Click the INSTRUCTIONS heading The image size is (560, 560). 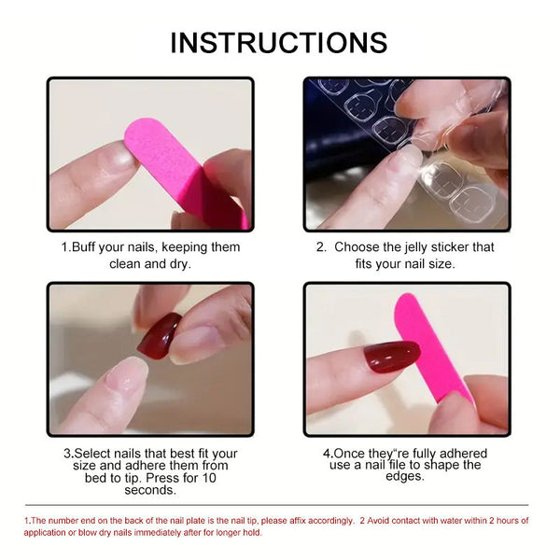click(280, 42)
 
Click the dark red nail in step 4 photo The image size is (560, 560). click(391, 357)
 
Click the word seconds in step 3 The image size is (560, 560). click(150, 489)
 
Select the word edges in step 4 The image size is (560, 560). click(406, 476)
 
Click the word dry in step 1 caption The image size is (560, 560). click(175, 264)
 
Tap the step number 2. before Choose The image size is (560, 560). click(320, 247)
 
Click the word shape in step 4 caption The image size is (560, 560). click(440, 465)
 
